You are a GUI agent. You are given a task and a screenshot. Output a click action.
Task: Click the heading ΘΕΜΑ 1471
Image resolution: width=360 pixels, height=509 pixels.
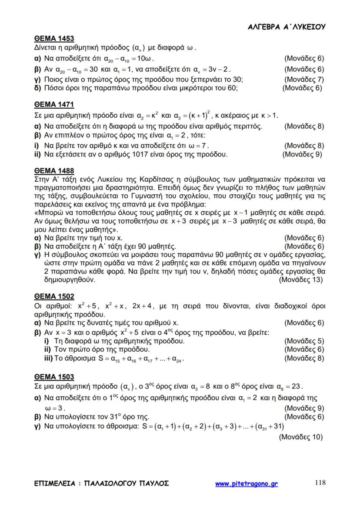point(54,104)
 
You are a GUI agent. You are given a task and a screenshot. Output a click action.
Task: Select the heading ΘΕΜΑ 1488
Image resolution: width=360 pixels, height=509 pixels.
point(54,171)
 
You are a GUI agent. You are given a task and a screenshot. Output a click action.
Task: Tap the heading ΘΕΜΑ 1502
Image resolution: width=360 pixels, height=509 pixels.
point(54,296)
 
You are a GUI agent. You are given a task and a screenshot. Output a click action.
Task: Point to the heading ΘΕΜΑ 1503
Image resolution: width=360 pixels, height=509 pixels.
point(54,376)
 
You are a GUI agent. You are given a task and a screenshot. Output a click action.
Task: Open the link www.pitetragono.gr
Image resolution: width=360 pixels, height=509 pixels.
point(247,483)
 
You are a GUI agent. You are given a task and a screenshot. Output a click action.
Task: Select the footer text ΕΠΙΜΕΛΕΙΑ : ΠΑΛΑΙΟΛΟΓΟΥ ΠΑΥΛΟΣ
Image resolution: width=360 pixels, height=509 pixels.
point(101,483)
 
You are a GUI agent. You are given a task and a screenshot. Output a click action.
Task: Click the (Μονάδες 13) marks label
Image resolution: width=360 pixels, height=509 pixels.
point(302,280)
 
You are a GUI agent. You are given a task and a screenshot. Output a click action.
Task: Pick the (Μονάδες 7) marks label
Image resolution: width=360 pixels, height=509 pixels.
point(304,80)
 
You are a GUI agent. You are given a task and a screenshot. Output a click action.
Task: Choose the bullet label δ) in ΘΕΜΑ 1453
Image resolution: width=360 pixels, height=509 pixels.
point(37,88)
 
